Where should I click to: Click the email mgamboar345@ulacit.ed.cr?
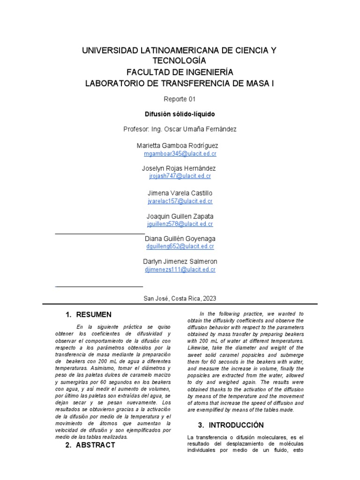click(180, 154)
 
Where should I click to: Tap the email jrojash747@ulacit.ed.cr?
click(180, 176)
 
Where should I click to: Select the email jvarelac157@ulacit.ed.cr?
click(180, 201)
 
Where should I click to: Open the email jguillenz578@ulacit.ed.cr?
click(180, 224)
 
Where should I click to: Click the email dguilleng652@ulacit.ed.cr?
click(180, 246)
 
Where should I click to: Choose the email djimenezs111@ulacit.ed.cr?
click(180, 270)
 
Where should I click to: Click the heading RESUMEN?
click(94, 315)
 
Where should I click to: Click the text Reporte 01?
click(180, 99)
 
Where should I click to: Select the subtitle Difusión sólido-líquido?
click(180, 113)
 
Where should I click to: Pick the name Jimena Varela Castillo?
click(180, 193)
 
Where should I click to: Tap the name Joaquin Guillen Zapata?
click(180, 216)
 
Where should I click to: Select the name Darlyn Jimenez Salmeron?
click(180, 261)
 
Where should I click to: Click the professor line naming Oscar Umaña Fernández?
click(180, 128)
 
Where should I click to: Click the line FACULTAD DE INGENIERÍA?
click(180, 72)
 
